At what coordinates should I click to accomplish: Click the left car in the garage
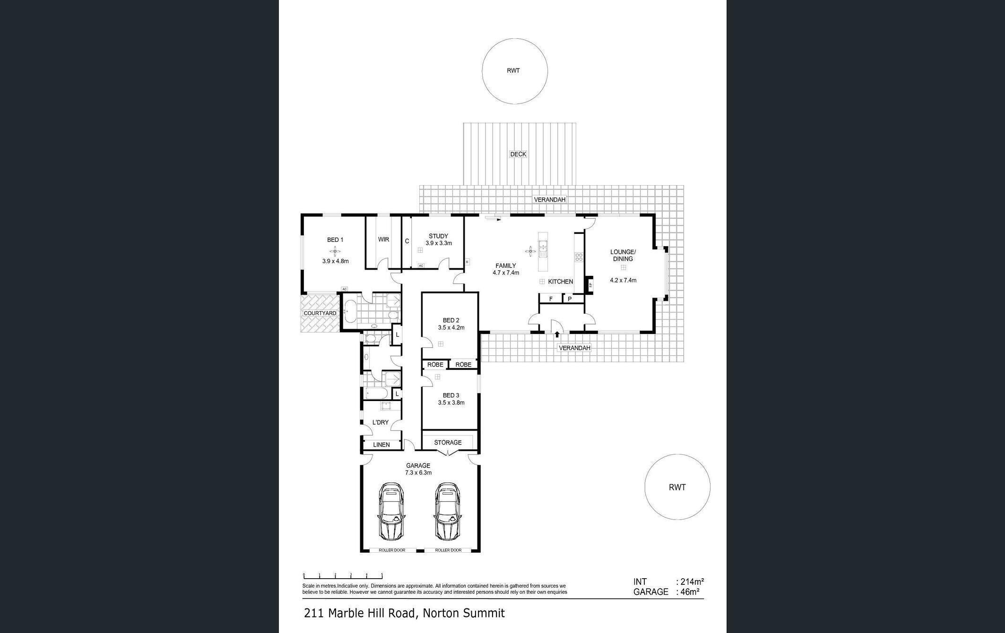pyautogui.click(x=391, y=511)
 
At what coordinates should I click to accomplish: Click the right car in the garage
pyautogui.click(x=448, y=511)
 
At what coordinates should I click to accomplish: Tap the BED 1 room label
pyautogui.click(x=335, y=240)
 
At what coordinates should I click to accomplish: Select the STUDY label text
pyautogui.click(x=438, y=236)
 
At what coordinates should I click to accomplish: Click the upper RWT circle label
pyautogui.click(x=513, y=70)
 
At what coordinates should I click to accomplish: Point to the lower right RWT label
pyautogui.click(x=677, y=487)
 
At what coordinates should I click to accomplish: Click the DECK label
pyautogui.click(x=518, y=154)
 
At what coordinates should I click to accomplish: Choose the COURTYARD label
pyautogui.click(x=320, y=313)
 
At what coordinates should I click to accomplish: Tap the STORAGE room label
pyautogui.click(x=448, y=443)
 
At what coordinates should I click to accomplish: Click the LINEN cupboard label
pyautogui.click(x=381, y=445)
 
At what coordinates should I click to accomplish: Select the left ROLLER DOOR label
pyautogui.click(x=392, y=550)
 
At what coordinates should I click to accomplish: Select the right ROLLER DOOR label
pyautogui.click(x=448, y=550)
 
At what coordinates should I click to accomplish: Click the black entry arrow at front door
pyautogui.click(x=557, y=334)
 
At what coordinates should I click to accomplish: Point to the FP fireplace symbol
pyautogui.click(x=590, y=285)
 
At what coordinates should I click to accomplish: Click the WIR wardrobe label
pyautogui.click(x=383, y=240)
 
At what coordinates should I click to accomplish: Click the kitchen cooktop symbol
pyautogui.click(x=579, y=257)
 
